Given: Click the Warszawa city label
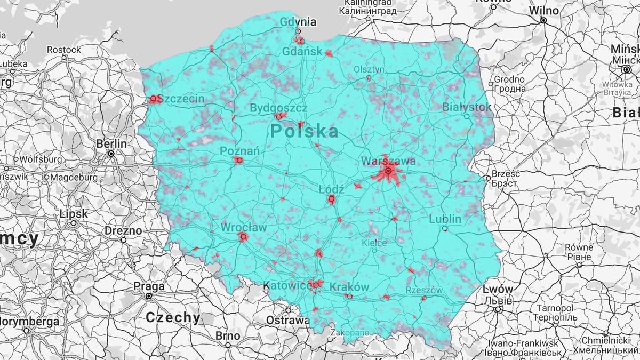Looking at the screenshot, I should point(388,161).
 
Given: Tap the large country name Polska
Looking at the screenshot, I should point(304,131).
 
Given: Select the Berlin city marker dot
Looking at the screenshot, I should point(111,154).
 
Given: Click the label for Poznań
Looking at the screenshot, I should point(240,151).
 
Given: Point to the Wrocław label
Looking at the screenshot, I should point(244,227).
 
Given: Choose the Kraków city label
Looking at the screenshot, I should point(349,287).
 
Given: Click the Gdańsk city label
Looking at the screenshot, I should point(302,52).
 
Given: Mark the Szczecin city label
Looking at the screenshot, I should point(181,99).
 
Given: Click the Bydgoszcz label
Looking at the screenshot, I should point(278,108).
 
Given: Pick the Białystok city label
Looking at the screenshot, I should point(467,107).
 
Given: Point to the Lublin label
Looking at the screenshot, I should point(445,219).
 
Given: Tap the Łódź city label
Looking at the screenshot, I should point(331,189).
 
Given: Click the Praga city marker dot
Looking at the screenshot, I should point(149,296).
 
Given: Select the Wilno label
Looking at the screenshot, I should point(543,11).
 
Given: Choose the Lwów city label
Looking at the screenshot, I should point(498,290).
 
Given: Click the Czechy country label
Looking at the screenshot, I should point(173,318).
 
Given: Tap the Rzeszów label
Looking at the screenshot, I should point(425,290).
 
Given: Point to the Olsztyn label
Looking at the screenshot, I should point(369,69).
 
